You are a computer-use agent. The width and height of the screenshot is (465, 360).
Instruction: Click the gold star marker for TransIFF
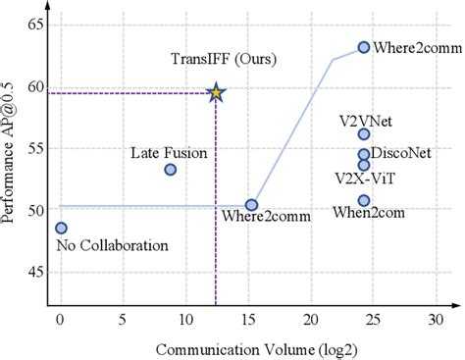point(216,93)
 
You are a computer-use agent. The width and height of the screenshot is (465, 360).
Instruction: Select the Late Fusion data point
point(171,170)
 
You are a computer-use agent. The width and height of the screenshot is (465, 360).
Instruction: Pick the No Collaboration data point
point(61,228)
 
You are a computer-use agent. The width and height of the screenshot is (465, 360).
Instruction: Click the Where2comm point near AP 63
point(364,47)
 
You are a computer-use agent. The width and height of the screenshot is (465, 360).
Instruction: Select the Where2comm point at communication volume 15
point(251,205)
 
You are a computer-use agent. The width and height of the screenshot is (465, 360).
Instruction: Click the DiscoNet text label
point(400,153)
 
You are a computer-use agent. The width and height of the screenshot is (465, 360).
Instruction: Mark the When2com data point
point(364,200)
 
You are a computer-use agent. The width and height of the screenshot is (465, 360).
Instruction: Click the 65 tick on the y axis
point(36,24)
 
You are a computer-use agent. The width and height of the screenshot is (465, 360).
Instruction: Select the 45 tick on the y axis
point(36,272)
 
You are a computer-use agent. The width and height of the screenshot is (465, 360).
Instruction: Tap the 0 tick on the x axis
point(61,320)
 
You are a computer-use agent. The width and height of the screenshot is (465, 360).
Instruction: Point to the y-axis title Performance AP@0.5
point(11,153)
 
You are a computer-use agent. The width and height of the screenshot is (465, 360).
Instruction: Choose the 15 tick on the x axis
point(248,320)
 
